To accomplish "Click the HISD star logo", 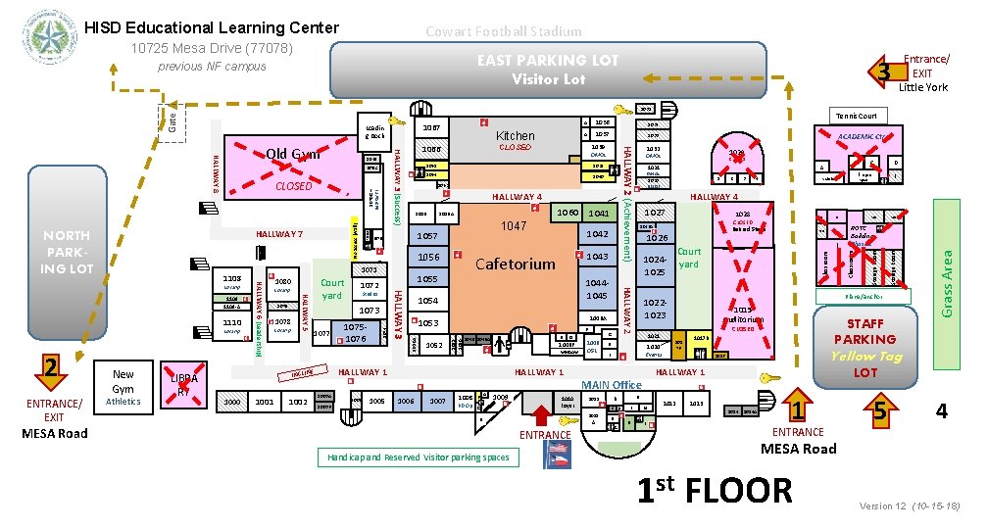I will (46, 38).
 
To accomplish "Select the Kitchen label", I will (516, 136).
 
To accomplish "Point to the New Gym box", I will (123, 382).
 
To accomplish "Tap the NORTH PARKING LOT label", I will (67, 252).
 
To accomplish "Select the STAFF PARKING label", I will (865, 331).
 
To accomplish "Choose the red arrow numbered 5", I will (881, 412).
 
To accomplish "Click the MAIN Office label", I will (612, 383).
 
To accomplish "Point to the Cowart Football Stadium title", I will (503, 31).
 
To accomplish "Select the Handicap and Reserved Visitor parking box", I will (416, 457).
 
